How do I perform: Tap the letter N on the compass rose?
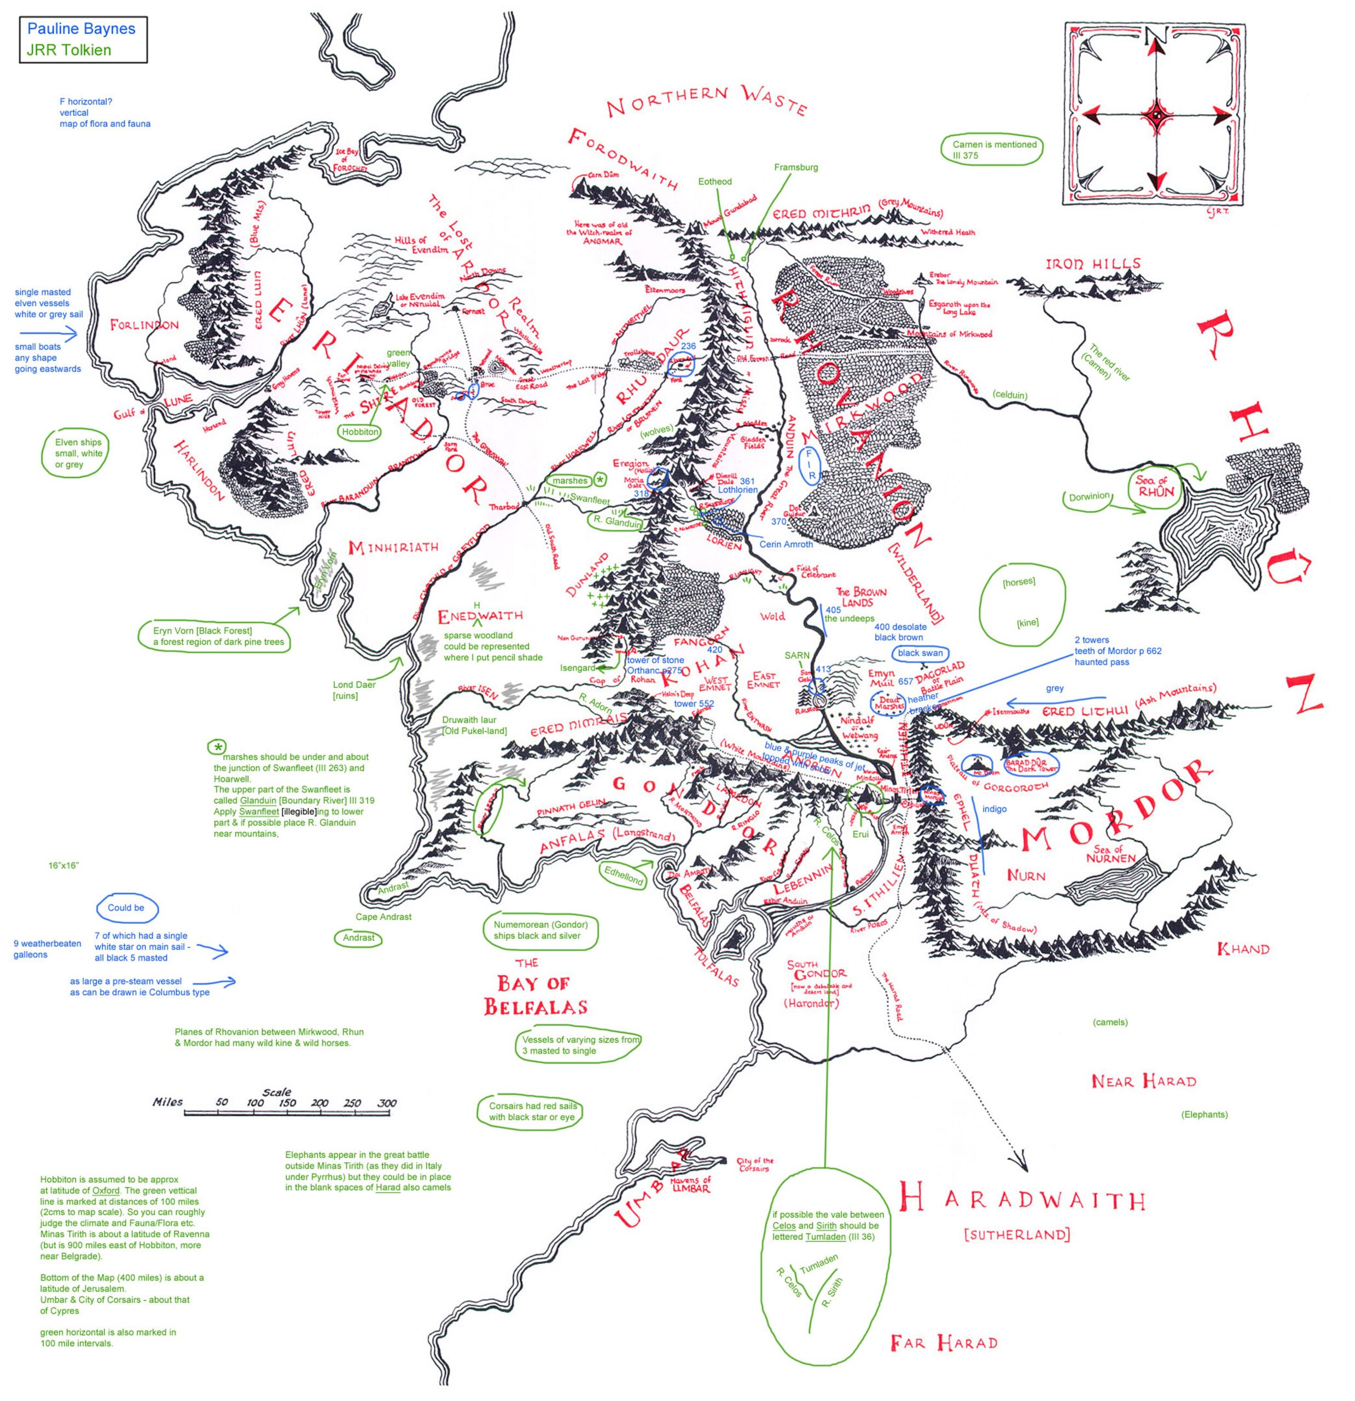tap(1155, 36)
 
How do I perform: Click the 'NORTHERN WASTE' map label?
tap(706, 100)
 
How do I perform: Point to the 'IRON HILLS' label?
tap(1093, 264)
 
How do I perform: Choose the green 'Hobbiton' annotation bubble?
tap(359, 432)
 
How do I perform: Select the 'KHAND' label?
tap(1243, 948)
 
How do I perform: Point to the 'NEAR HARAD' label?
tap(1143, 1081)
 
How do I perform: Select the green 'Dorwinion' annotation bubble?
tap(1089, 497)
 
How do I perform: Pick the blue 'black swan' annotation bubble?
tap(920, 652)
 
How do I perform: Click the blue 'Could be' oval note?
tap(126, 908)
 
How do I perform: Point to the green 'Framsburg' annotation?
tap(795, 167)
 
